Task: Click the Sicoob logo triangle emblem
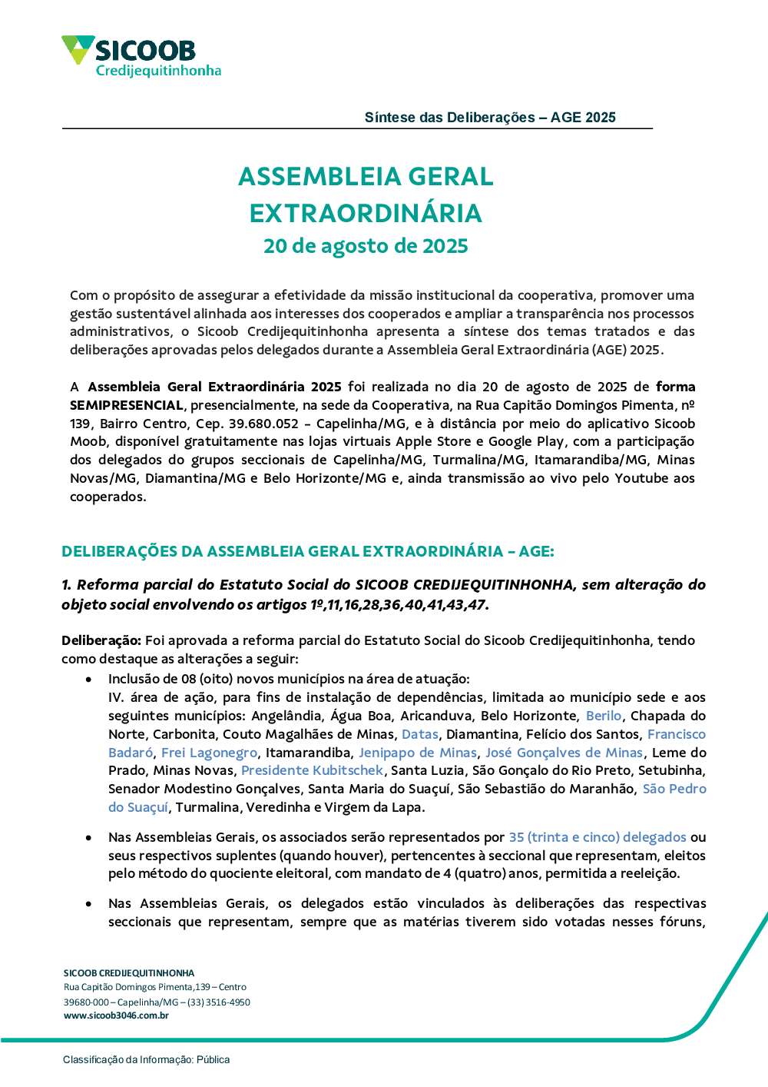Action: [78, 49]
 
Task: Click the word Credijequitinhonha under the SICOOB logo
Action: [158, 71]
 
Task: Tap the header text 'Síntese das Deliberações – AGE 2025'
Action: [490, 118]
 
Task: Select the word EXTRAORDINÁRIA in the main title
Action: [366, 213]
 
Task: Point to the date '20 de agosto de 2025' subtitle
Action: [366, 246]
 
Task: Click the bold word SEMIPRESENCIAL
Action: [127, 405]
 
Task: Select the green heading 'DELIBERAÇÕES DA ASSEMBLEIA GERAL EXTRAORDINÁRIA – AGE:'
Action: [307, 551]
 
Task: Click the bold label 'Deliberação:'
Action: [101, 640]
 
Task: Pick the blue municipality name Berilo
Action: [604, 716]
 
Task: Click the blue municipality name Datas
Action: [420, 734]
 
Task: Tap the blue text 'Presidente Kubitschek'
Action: [312, 770]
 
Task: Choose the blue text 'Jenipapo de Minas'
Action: [418, 753]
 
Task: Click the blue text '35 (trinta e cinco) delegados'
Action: [598, 837]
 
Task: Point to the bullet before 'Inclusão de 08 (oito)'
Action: [90, 680]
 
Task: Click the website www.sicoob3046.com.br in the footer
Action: [116, 1016]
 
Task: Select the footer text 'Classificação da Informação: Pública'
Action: [146, 1059]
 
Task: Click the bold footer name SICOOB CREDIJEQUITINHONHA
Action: [129, 973]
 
